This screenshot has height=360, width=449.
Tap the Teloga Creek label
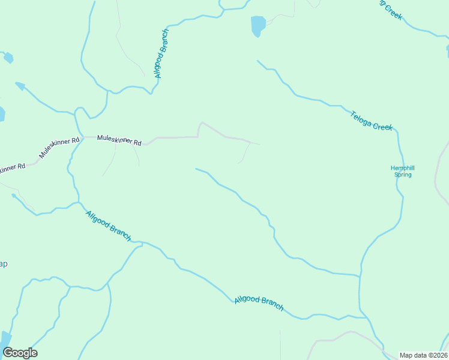point(372,119)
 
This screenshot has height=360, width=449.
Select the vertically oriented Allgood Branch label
point(161,53)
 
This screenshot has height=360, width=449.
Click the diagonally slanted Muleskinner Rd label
point(59,148)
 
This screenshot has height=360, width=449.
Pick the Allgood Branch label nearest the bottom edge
point(259,302)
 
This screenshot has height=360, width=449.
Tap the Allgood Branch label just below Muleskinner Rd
point(108,226)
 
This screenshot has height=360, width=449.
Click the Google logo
point(20,353)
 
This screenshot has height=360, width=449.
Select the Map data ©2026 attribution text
point(423,355)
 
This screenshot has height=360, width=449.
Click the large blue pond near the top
point(258,26)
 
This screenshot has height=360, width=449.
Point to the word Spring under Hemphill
point(402,175)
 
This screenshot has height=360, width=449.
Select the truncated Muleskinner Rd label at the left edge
point(12,167)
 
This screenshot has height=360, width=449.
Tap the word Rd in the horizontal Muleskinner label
point(137,143)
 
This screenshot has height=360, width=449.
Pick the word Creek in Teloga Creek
point(382,125)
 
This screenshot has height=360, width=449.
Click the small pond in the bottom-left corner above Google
point(5,339)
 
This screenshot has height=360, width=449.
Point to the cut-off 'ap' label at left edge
point(3,265)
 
